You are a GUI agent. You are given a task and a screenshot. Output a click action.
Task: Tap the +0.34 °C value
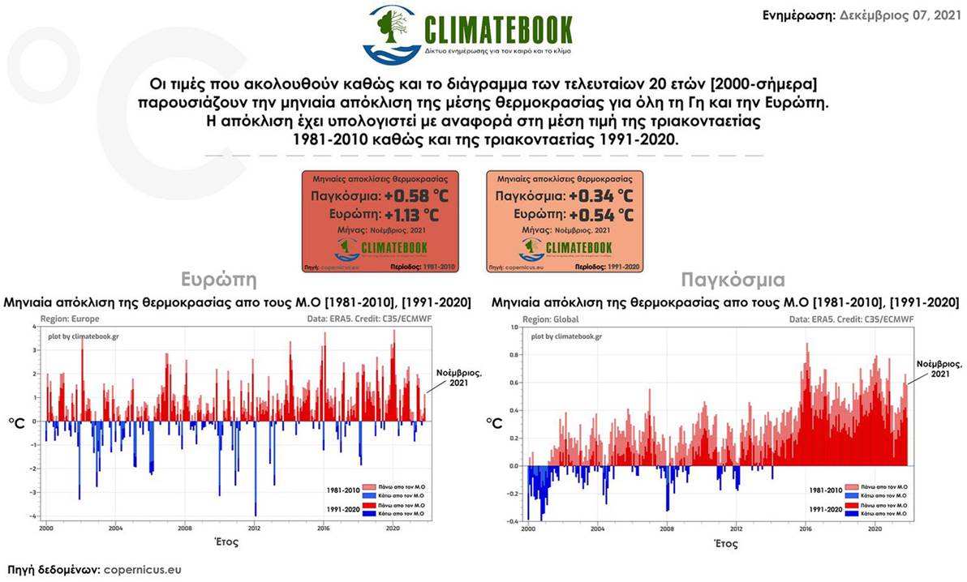tap(601, 197)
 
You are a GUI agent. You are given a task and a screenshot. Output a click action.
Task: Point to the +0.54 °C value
tap(601, 216)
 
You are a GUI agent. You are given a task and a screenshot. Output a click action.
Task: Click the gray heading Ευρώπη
tap(219, 281)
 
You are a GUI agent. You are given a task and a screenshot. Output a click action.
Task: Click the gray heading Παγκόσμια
tap(733, 281)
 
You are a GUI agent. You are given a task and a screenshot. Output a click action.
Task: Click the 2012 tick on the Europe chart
tap(254, 528)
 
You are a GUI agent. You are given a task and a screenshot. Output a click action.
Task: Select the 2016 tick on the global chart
tap(806, 528)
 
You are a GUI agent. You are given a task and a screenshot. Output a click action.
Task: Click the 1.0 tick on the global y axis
tap(514, 327)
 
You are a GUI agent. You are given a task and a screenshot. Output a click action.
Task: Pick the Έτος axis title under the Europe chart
tap(225, 541)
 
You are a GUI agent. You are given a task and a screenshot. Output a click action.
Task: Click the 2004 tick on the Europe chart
tap(115, 528)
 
